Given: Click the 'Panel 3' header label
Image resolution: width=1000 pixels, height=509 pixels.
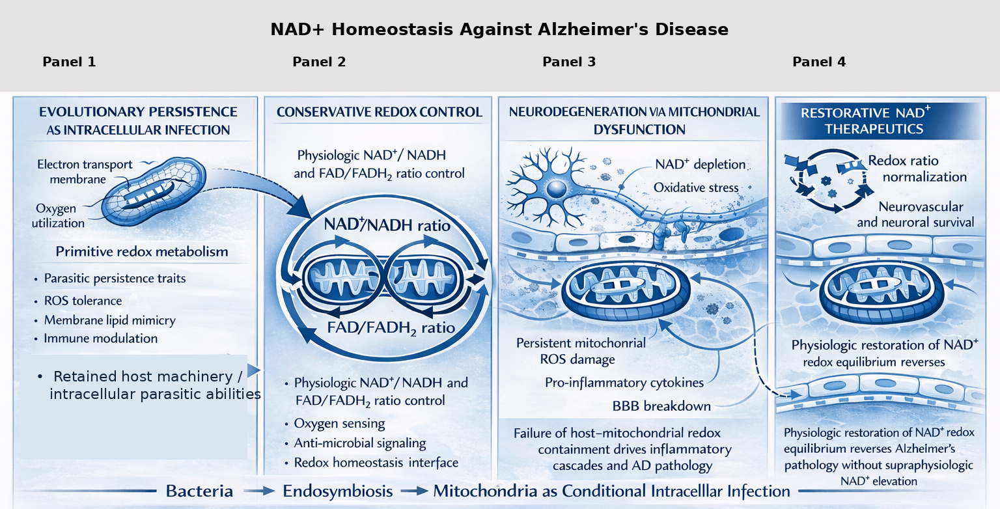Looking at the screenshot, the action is coord(569,62).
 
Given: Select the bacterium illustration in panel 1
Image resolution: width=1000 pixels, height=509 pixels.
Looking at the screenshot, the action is coord(154,191).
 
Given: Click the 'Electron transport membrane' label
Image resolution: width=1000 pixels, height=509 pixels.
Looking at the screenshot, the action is coord(85,172).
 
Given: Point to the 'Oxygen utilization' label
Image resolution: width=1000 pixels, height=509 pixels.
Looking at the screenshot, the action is coord(58,215).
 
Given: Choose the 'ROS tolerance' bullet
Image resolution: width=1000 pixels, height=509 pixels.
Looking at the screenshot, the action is coord(83,301).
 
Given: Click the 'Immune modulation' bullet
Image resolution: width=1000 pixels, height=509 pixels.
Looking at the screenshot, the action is coord(100,338).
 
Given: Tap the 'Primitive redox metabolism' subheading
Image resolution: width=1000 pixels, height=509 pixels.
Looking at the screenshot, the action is coord(141,252).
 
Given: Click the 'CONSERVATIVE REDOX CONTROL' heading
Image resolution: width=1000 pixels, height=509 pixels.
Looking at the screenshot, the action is coord(380,112).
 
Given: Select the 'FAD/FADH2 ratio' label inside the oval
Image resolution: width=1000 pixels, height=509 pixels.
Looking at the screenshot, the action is coord(391,328).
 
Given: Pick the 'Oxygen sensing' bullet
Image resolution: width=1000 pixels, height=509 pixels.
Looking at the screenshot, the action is coord(339,423).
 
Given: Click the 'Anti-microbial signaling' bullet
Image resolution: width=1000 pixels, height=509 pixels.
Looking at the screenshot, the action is coord(360,443).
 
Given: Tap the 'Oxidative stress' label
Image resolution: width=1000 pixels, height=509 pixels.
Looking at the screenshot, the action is coord(696,187).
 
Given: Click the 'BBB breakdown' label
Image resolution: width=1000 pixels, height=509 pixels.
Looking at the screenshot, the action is coord(661,406).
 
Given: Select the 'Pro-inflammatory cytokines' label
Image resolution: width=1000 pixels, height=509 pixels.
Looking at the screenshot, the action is coord(624,383).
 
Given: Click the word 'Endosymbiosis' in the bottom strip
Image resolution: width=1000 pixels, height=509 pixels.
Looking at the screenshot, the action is coord(337,491).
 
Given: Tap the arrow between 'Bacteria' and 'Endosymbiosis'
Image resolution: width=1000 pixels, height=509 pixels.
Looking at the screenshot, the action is coord(259,491).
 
